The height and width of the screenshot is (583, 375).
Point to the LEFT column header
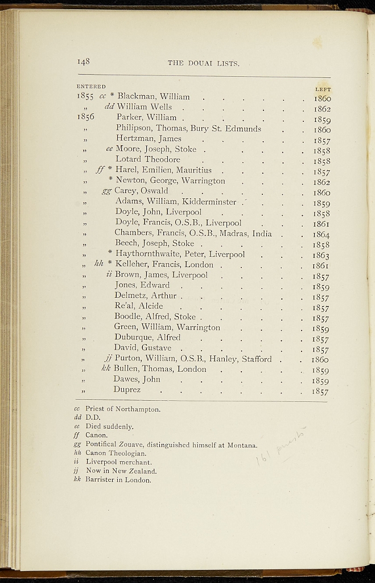click(x=323, y=89)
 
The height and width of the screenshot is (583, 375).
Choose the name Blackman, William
click(x=153, y=96)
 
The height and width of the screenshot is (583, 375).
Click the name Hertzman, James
click(x=148, y=138)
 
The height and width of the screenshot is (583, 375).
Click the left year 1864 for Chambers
click(x=322, y=233)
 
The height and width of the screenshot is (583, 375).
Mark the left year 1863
click(x=322, y=254)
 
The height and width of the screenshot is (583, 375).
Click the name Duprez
click(x=127, y=390)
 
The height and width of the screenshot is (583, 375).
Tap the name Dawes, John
click(x=137, y=379)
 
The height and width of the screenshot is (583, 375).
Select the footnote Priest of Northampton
click(x=123, y=409)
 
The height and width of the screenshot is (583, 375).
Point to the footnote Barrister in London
click(x=118, y=480)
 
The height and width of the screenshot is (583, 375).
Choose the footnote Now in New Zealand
click(x=121, y=471)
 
